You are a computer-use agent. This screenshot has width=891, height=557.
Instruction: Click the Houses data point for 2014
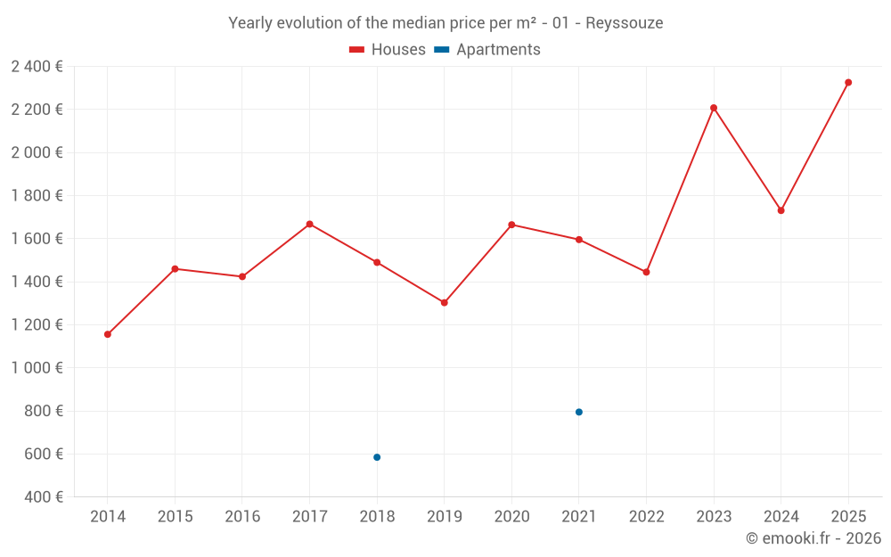coord(108,334)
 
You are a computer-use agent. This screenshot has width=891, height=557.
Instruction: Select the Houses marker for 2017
coord(309,224)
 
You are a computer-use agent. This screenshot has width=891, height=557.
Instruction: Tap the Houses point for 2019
coord(445,302)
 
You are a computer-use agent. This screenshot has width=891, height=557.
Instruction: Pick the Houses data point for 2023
coord(714,108)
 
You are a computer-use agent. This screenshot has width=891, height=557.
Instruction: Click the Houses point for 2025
coord(848,82)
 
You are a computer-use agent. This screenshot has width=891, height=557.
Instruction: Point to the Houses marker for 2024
coord(781,210)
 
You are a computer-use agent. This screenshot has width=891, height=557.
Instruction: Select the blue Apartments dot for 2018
coord(377,457)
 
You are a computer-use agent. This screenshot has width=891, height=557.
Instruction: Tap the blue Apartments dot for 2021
coord(579,412)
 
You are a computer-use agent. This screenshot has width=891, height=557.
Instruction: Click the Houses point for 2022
coord(646,272)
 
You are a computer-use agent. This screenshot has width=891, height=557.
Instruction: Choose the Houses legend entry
coord(388,50)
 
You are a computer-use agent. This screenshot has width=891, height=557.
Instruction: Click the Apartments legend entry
coord(488,50)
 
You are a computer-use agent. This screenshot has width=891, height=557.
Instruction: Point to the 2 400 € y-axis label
coord(37,66)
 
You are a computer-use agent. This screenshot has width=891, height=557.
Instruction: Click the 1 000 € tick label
coord(37,368)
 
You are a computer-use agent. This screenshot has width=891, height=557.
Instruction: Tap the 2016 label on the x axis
coord(242,517)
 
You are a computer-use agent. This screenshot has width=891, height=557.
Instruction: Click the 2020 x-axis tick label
coord(511,517)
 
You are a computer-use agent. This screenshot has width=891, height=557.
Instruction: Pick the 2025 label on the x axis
coord(848,517)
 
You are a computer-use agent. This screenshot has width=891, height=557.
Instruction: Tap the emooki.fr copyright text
coord(813,538)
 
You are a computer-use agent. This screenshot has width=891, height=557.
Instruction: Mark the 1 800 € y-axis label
coord(37,195)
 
